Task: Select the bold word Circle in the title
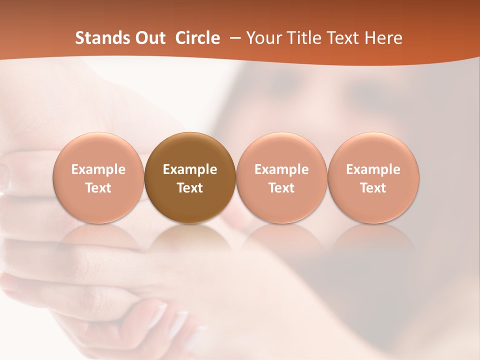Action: tap(197, 38)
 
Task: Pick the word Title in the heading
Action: tap(304, 38)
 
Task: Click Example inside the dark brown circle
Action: tap(190, 169)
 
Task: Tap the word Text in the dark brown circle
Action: tap(190, 188)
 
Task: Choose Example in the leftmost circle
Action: tap(98, 169)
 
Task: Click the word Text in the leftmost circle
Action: tap(98, 188)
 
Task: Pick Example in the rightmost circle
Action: tap(373, 169)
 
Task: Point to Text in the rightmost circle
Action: tap(373, 188)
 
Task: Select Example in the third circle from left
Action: tap(281, 169)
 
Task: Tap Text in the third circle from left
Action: tap(281, 188)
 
